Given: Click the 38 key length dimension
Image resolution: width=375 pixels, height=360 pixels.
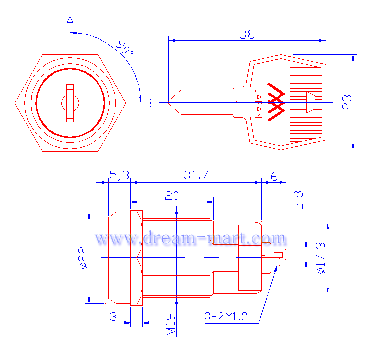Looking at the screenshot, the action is click(247, 35).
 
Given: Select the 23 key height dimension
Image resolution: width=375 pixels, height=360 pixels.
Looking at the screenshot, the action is click(347, 102).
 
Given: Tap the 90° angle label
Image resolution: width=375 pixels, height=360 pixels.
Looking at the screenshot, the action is click(125, 47).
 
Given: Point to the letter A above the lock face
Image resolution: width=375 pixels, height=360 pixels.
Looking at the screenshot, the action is click(70, 21).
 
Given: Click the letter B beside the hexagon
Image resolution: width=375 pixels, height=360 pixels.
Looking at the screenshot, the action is click(148, 103).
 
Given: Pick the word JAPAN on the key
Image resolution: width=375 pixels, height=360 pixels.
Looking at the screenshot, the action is click(258, 103).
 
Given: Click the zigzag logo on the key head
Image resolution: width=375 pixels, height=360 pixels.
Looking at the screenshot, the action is click(276, 102).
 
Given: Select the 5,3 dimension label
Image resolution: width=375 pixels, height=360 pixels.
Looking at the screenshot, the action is click(119, 175).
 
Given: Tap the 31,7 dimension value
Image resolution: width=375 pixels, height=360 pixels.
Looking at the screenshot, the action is click(196, 175).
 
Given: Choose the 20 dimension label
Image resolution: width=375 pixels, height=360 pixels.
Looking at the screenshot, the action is click(172, 196).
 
